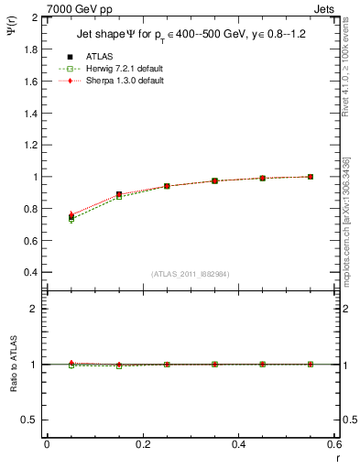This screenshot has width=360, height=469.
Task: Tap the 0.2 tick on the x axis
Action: [142, 443]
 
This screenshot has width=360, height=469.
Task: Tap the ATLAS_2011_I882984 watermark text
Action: [190, 274]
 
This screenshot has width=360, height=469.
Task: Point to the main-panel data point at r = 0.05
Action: [71, 217]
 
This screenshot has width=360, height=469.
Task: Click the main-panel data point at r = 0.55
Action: [311, 177]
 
